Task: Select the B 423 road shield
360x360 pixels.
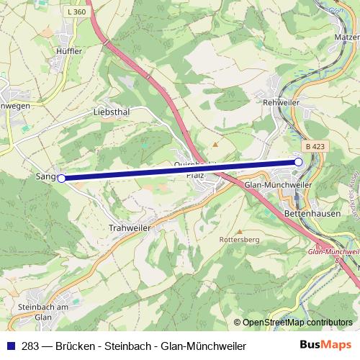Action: pyautogui.click(x=315, y=146)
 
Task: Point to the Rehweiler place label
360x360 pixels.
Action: pyautogui.click(x=280, y=102)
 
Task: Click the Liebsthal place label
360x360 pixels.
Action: pyautogui.click(x=111, y=112)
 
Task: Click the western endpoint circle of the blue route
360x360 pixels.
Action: pyautogui.click(x=61, y=178)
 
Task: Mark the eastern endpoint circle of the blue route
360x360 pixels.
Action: pyautogui.click(x=298, y=163)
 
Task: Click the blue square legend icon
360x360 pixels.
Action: pyautogui.click(x=10, y=346)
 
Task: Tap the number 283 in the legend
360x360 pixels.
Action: pyautogui.click(x=31, y=346)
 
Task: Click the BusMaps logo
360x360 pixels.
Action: pyautogui.click(x=325, y=346)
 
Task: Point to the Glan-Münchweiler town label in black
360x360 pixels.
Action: pyautogui.click(x=278, y=184)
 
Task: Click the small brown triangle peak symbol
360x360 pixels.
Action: pyautogui.click(x=213, y=133)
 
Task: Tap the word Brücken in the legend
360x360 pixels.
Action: pyautogui.click(x=80, y=346)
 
